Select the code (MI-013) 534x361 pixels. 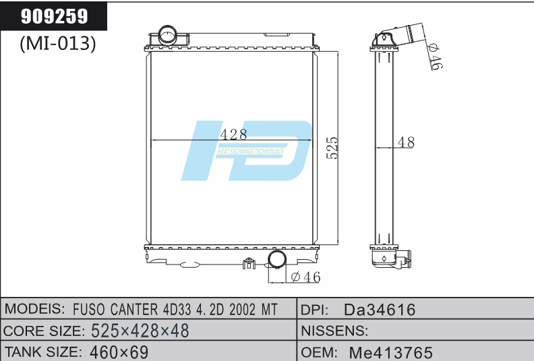pyautogui.click(x=57, y=44)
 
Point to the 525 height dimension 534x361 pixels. pyautogui.click(x=332, y=148)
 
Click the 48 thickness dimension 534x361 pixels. pyautogui.click(x=406, y=142)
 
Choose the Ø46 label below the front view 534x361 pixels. pyautogui.click(x=305, y=277)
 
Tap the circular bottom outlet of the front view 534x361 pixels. pyautogui.click(x=277, y=260)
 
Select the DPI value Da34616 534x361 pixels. pyautogui.click(x=380, y=310)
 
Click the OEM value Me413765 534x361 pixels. pyautogui.click(x=391, y=352)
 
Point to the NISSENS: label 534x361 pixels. pyautogui.click(x=334, y=331)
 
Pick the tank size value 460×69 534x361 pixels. pyautogui.click(x=119, y=352)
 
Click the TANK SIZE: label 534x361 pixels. pyautogui.click(x=43, y=352)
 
